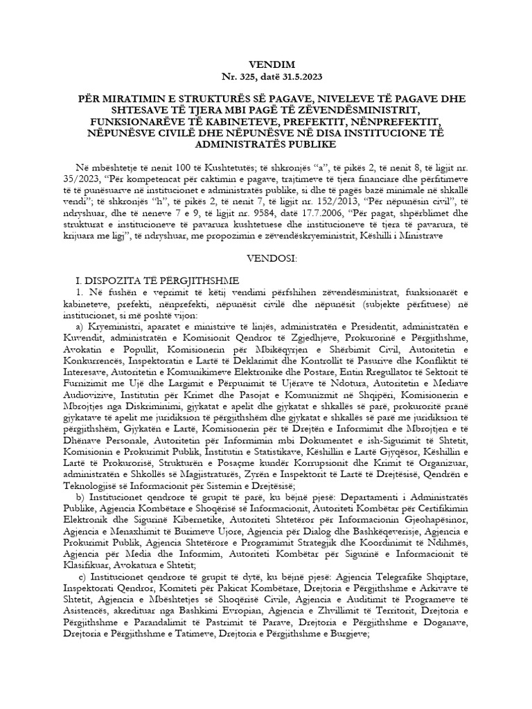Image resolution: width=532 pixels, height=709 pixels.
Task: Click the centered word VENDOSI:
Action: pyautogui.click(x=266, y=258)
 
